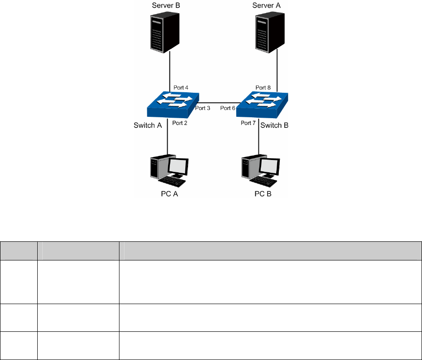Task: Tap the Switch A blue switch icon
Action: click(173, 105)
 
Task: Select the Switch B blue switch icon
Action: click(262, 105)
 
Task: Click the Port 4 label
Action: click(181, 87)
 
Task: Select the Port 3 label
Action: click(203, 108)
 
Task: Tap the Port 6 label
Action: click(228, 108)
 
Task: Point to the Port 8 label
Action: click(263, 87)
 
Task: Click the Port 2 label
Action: click(180, 123)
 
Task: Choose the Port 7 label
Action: click(248, 123)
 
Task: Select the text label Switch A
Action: click(148, 125)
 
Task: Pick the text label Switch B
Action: click(274, 125)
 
